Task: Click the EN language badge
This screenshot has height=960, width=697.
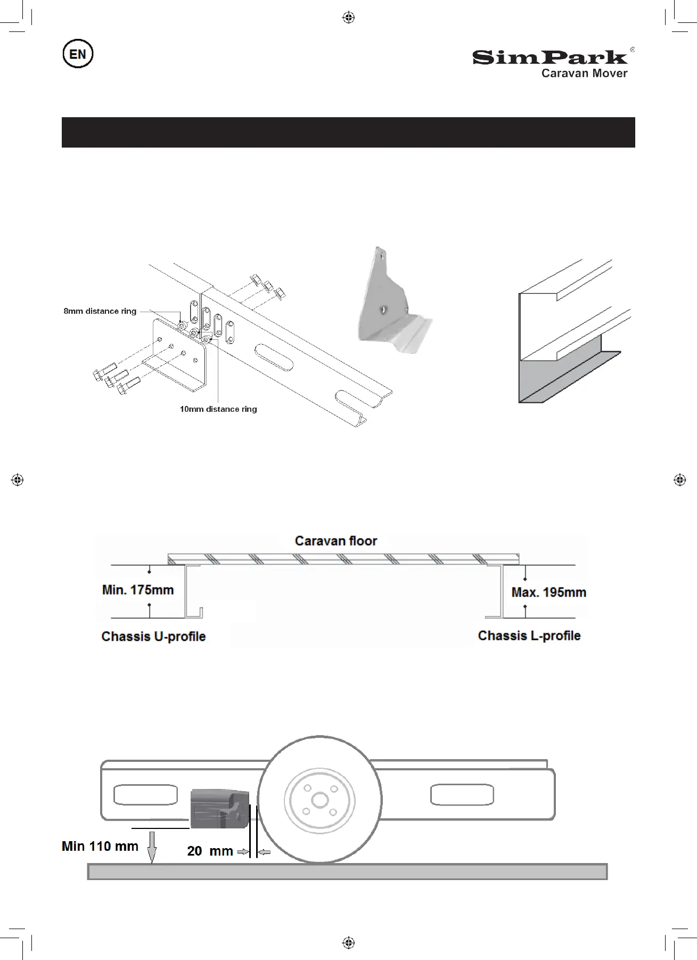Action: (x=78, y=54)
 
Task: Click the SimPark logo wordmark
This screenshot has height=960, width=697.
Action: (x=550, y=57)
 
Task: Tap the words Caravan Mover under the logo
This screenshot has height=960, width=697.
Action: (x=584, y=74)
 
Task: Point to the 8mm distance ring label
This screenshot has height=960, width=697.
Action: (x=100, y=311)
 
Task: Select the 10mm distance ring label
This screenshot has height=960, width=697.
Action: (x=218, y=409)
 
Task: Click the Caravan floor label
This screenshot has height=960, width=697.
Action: (x=336, y=541)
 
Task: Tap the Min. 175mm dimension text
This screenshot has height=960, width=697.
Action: (x=138, y=590)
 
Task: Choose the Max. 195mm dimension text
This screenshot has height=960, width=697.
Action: (x=548, y=592)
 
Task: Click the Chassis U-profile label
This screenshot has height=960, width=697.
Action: (x=153, y=637)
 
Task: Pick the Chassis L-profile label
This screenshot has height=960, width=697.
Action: (x=529, y=636)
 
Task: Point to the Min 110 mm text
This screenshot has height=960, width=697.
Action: (x=100, y=846)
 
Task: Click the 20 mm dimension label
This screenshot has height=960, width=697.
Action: (x=210, y=851)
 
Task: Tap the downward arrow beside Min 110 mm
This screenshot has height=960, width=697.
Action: (x=152, y=847)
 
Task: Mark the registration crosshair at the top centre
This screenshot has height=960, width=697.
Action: (x=348, y=18)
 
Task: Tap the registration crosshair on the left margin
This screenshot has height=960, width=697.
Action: (x=17, y=479)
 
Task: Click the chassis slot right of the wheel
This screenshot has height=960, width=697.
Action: (x=462, y=795)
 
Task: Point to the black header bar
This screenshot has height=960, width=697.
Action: (x=348, y=132)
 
